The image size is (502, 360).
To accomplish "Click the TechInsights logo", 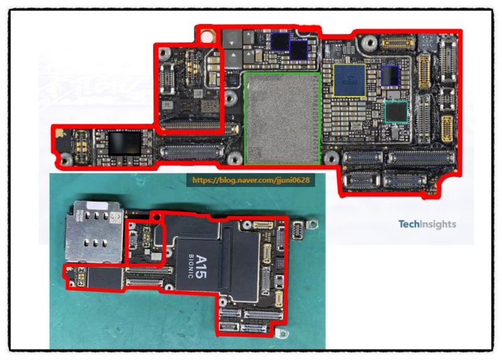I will pyautogui.click(x=427, y=225).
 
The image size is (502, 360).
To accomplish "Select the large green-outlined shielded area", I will pyautogui.click(x=282, y=118).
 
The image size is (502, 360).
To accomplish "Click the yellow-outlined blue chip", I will pyautogui.click(x=349, y=80).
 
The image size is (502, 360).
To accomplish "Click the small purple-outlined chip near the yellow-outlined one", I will pyautogui.click(x=390, y=75).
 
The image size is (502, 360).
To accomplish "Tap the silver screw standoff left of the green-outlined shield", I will pyautogui.click(x=230, y=98).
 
